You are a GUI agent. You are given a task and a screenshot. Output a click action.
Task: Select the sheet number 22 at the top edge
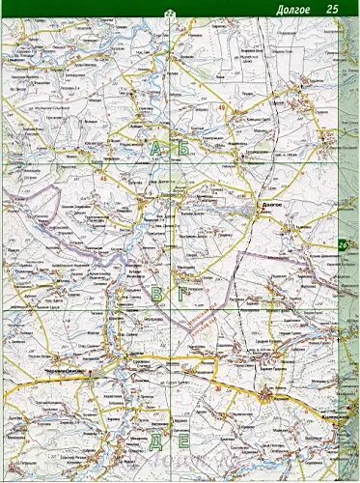(x=169, y=12)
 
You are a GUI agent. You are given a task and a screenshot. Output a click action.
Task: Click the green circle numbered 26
(x=345, y=245)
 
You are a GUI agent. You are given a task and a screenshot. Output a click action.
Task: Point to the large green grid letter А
(x=155, y=147)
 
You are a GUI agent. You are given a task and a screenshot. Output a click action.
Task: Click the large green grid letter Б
(x=181, y=147)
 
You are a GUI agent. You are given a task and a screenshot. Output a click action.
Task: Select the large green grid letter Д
(x=155, y=441)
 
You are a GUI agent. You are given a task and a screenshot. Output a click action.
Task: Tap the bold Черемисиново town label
(x=66, y=373)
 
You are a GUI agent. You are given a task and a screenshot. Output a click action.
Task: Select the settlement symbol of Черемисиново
(x=89, y=373)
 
